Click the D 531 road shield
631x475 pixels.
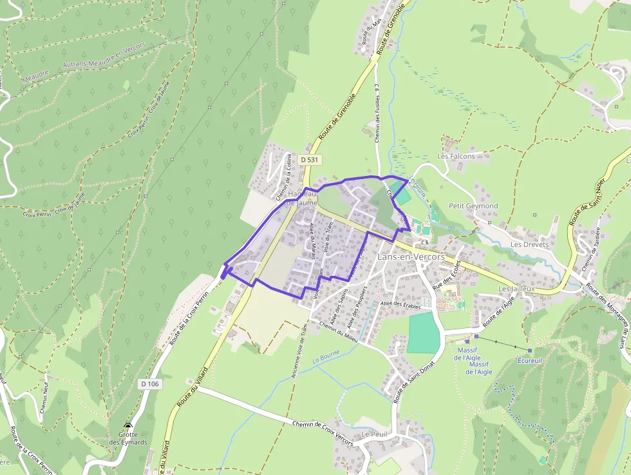[310, 159]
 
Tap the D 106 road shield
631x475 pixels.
[149, 383]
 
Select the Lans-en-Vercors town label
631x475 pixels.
[411, 257]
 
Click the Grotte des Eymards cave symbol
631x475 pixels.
[128, 426]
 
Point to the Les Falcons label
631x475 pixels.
[456, 156]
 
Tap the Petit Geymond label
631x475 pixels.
[473, 206]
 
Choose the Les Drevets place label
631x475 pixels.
[529, 245]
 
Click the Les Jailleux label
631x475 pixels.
[516, 289]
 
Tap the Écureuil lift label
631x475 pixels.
[530, 360]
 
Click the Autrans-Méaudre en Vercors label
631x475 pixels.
[104, 57]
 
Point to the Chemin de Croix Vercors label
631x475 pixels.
[323, 432]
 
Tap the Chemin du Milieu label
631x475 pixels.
[337, 327]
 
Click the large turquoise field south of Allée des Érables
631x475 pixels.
[424, 332]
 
